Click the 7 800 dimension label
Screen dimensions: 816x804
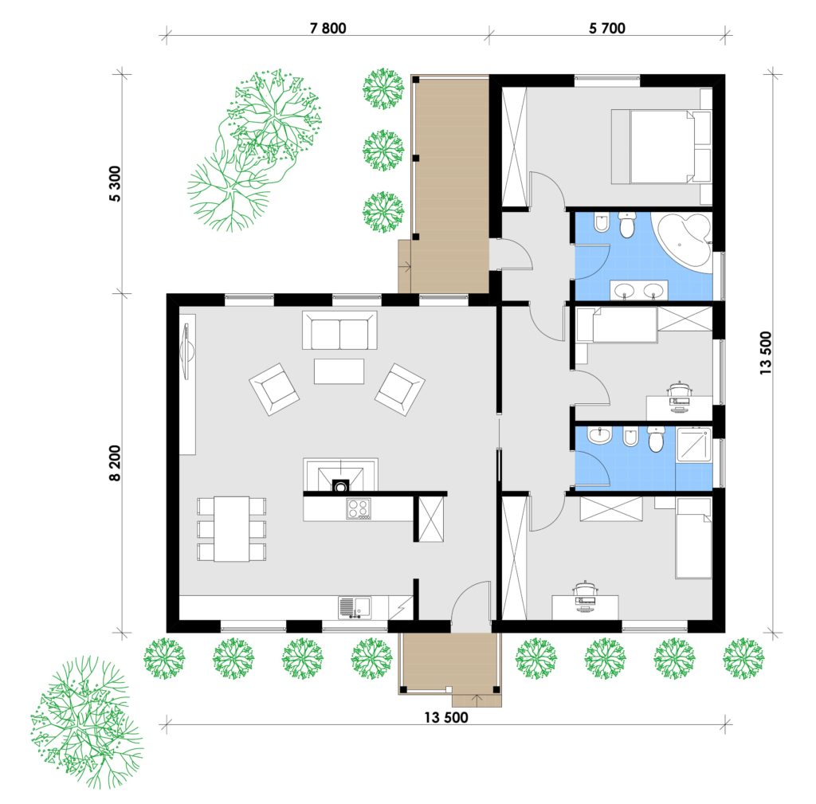(x=328, y=28)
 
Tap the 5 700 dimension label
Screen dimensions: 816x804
(x=606, y=28)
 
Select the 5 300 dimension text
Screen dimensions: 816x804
(x=115, y=184)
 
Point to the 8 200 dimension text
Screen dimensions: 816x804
(x=115, y=463)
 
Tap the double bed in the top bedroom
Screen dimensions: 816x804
(x=661, y=147)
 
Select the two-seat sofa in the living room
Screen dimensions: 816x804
(x=339, y=331)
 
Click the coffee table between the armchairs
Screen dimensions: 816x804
(x=339, y=371)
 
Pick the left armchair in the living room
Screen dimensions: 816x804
(x=274, y=389)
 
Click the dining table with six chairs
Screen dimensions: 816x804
(x=232, y=529)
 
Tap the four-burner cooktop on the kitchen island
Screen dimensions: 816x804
(x=359, y=509)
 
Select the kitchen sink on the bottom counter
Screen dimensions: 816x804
(x=355, y=607)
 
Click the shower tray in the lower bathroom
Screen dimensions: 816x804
(x=694, y=445)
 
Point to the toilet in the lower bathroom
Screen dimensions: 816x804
(x=656, y=439)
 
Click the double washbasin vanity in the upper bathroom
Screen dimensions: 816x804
(x=638, y=290)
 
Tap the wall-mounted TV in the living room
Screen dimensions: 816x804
(x=186, y=349)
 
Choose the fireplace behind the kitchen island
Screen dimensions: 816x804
(x=341, y=475)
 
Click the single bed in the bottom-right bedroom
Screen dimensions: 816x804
(x=693, y=538)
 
